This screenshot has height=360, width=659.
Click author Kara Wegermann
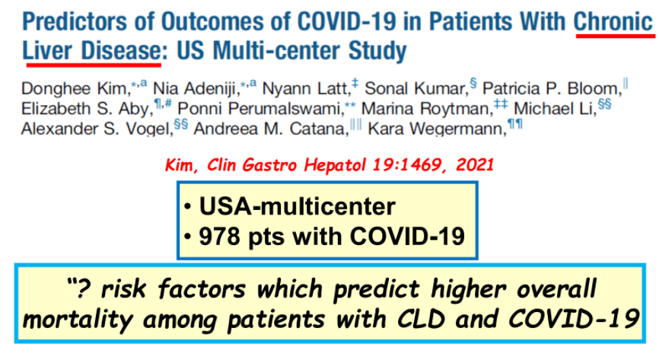[435, 128]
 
